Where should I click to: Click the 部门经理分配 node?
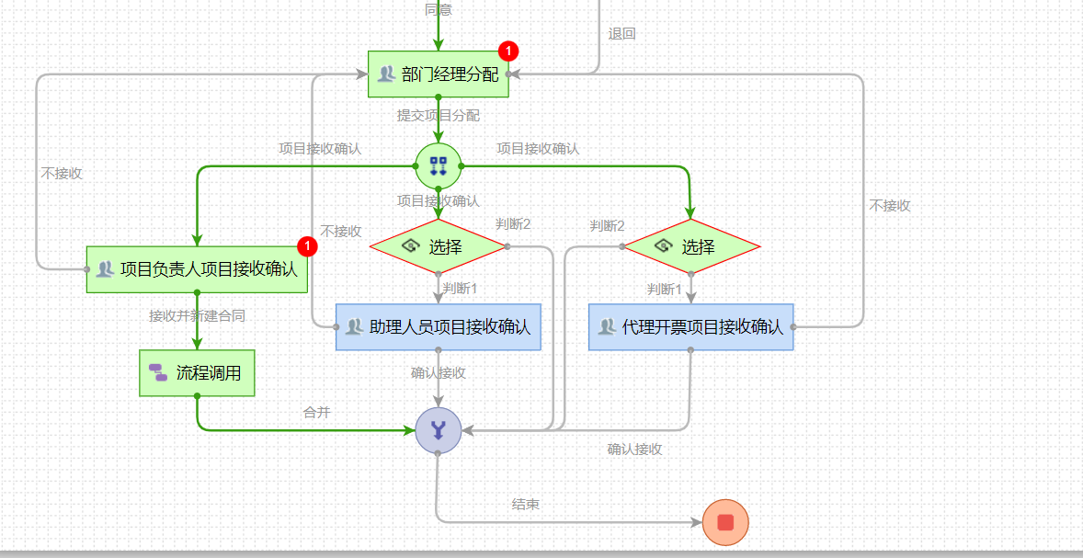tap(439, 74)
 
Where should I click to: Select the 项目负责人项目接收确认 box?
tap(197, 269)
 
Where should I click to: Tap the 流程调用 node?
tap(197, 373)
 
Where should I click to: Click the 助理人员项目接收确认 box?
tap(439, 327)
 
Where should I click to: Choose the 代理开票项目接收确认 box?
tap(690, 327)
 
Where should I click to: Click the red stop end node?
tap(725, 522)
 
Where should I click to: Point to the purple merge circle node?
tap(438, 429)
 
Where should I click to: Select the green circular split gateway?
tap(439, 165)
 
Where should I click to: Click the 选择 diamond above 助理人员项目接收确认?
tap(439, 246)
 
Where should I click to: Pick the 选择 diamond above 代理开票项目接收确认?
tap(691, 246)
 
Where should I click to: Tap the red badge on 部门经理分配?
tap(508, 51)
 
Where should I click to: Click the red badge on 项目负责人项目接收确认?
tap(308, 246)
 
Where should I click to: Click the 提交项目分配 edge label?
tap(439, 116)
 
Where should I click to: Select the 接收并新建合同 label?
tap(197, 315)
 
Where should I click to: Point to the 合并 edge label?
tap(317, 413)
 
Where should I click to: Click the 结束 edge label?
tap(526, 505)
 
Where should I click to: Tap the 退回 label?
tap(621, 34)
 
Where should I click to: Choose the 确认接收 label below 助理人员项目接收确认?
tap(439, 373)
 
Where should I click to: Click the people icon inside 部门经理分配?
tap(386, 74)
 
